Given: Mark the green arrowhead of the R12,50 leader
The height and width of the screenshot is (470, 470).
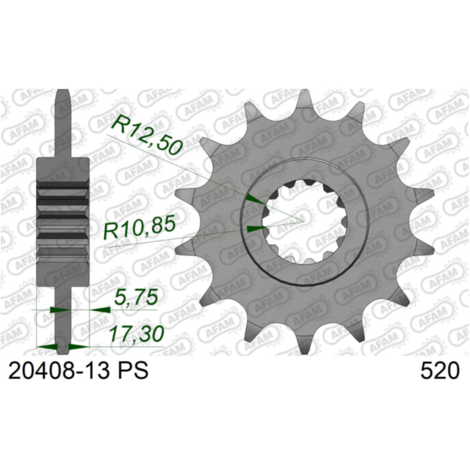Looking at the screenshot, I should [x=253, y=201].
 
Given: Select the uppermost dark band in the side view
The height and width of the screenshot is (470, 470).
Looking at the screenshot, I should [x=66, y=186].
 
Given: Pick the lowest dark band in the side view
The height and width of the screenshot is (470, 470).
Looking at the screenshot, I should [x=66, y=236].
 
